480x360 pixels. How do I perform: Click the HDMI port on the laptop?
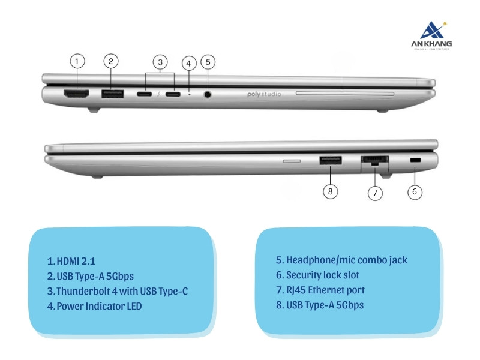point(76,94)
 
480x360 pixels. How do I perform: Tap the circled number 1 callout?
point(77,61)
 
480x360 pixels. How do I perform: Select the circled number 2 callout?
point(110,61)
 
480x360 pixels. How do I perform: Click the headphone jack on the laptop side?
point(208,94)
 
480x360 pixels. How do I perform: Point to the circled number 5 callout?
point(208,61)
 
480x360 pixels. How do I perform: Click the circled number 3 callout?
point(160,61)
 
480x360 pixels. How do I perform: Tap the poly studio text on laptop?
point(272,94)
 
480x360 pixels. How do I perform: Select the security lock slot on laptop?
point(415,161)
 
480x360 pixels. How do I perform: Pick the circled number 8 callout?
point(331,192)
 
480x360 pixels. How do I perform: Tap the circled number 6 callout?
point(415,192)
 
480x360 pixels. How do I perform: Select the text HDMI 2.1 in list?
point(71,261)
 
